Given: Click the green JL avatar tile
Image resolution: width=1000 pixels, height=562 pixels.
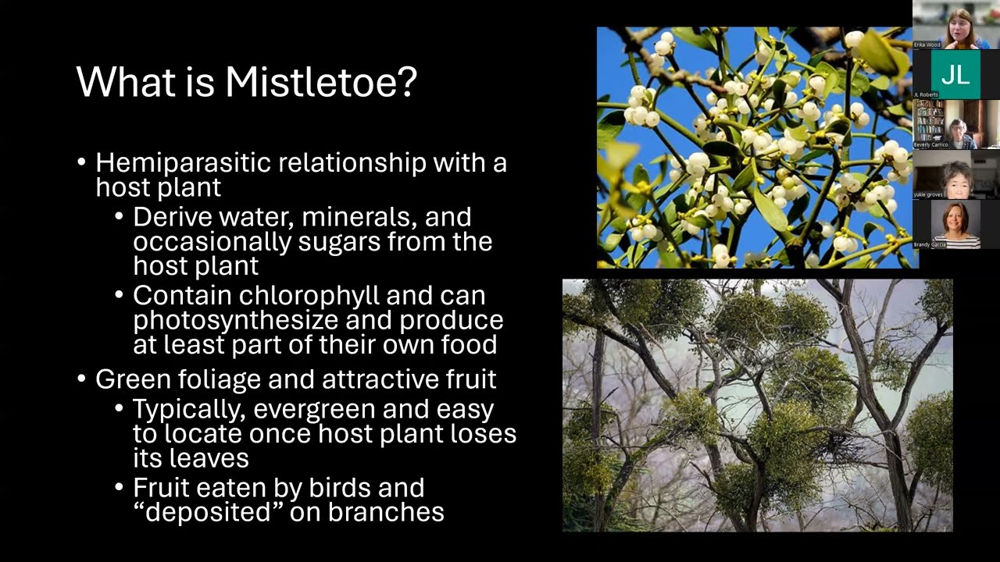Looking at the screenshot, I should pos(955,74).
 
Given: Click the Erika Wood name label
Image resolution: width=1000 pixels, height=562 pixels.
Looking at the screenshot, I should pos(927,45).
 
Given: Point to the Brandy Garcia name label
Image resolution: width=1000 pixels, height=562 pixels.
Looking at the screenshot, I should pos(930,245).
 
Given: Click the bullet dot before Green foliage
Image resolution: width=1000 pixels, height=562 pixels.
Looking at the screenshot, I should pos(81,379).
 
